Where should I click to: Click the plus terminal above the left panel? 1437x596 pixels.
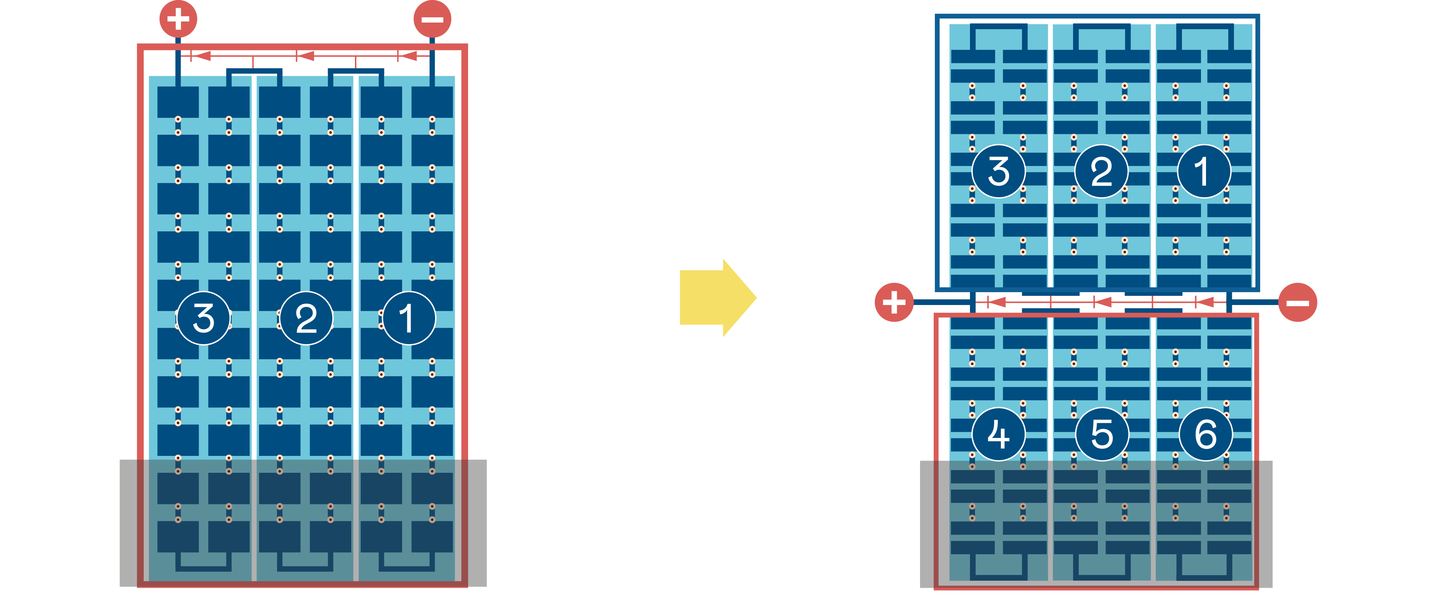point(178,19)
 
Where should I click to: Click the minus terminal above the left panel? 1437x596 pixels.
point(432,19)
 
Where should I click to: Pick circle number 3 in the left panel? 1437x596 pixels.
point(204,318)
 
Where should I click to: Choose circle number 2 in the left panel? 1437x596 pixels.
point(306,318)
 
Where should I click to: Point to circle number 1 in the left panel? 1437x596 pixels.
point(408,318)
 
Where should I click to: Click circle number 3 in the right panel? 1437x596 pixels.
point(999,171)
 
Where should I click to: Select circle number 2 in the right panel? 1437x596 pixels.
point(1101,171)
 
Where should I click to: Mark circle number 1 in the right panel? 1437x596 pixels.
point(1204,171)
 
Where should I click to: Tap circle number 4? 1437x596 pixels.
point(999,434)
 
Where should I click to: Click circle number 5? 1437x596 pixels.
point(1102,434)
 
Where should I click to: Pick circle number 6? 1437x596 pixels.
point(1206,434)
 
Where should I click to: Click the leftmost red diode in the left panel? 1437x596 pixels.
point(201,56)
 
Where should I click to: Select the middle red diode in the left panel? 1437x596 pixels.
point(305,56)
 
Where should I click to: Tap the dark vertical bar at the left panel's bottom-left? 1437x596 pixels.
point(124,523)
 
